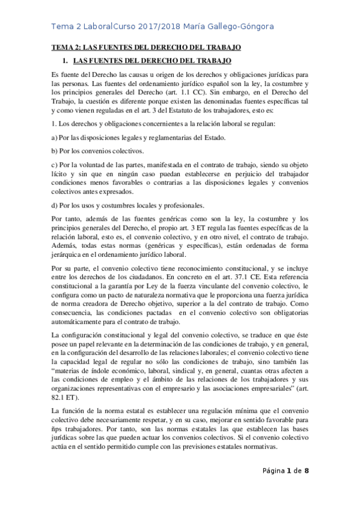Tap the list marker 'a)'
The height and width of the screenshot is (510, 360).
point(55,138)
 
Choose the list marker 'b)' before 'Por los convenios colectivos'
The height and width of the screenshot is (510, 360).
point(55,150)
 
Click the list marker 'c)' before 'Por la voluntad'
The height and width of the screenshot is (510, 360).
point(55,164)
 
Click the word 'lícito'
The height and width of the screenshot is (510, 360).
point(60,173)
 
